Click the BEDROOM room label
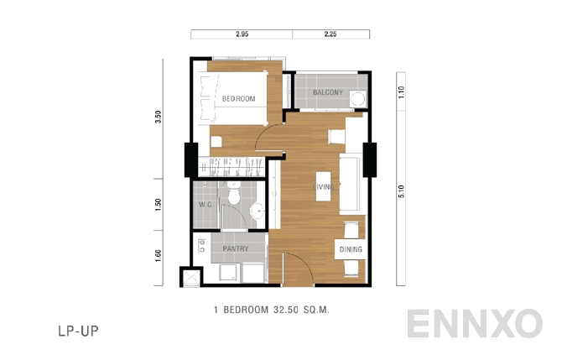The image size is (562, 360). tap(238, 99)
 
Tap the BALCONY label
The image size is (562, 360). tap(327, 92)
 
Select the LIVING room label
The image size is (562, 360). tap(325, 187)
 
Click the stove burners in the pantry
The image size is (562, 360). tap(201, 248)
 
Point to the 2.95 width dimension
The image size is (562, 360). tap(242, 35)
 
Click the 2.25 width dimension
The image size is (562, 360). tap(330, 35)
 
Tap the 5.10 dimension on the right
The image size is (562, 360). tap(402, 191)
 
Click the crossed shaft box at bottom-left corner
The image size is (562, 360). tap(192, 275)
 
